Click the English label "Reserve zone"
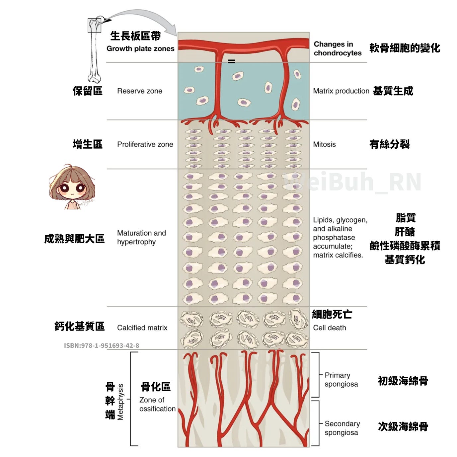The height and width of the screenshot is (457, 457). [x=140, y=91]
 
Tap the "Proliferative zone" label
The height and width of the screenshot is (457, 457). [x=145, y=144]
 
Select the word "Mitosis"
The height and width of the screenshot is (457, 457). [x=324, y=144]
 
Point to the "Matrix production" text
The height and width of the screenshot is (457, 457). [x=341, y=91]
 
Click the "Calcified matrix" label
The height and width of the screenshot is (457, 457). [x=142, y=328]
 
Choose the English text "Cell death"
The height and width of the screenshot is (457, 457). [x=330, y=328]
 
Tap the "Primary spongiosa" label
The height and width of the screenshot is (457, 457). [x=341, y=379]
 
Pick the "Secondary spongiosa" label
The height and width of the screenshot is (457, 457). [x=342, y=428]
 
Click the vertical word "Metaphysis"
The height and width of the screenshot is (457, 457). [x=120, y=402]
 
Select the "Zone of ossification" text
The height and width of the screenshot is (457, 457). [x=157, y=404]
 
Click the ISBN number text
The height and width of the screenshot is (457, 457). [x=102, y=345]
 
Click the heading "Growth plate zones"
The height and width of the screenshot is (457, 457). [x=140, y=48]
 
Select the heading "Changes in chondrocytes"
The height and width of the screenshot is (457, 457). [x=337, y=48]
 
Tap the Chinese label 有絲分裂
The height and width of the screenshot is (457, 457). [x=389, y=144]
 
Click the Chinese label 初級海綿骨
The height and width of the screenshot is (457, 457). [x=403, y=381]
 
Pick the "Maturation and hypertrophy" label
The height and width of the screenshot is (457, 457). [x=141, y=237]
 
